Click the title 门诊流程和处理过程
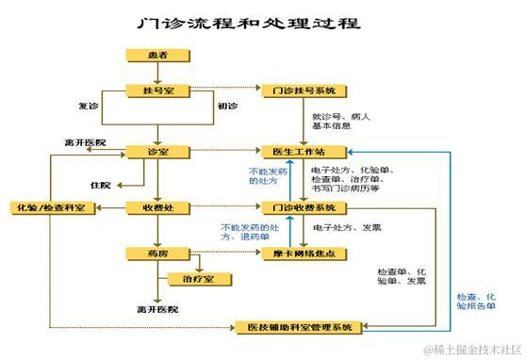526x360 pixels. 248,22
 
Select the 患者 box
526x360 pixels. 157,57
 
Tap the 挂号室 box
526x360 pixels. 157,91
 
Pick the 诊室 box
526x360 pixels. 157,151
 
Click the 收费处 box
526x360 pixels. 157,206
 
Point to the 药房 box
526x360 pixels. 157,253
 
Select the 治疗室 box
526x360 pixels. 197,278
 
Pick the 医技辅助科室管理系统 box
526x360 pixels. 296,326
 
